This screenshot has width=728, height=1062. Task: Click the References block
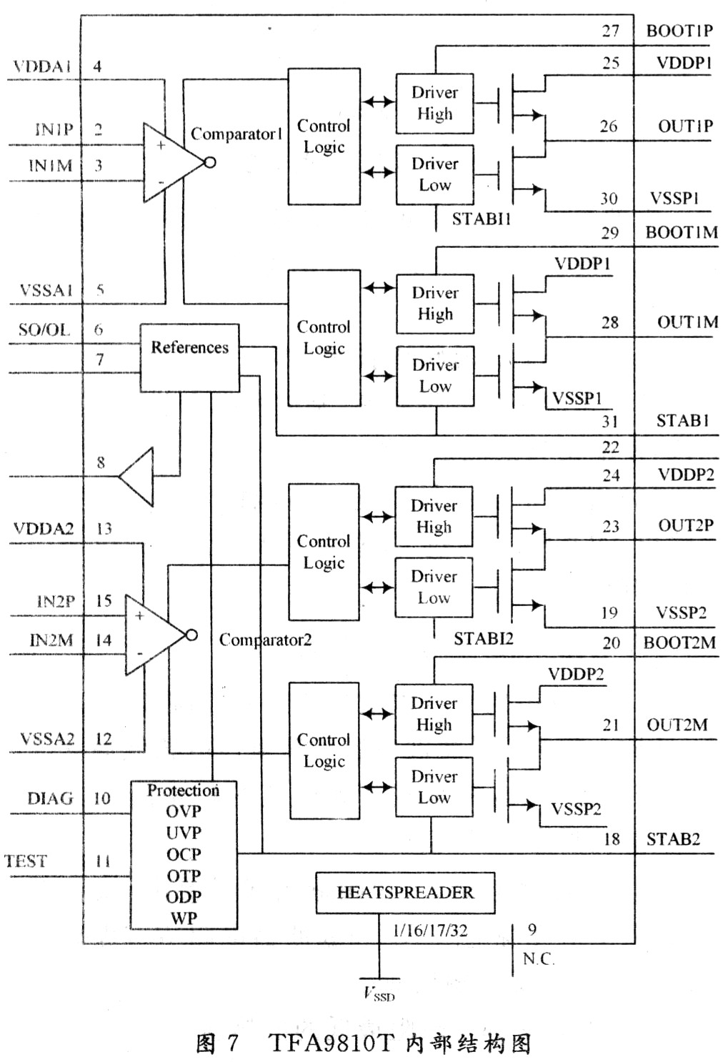tap(189, 357)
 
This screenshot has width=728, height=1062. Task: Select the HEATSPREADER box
tap(405, 893)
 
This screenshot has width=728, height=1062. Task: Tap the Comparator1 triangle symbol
tap(171, 162)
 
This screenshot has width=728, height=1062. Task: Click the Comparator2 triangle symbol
tap(154, 635)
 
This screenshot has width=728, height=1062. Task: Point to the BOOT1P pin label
tap(679, 31)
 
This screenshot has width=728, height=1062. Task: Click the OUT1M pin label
tap(687, 322)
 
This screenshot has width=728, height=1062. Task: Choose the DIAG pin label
tap(50, 798)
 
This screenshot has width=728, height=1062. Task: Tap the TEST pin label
tap(26, 861)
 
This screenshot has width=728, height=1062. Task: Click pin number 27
tap(610, 31)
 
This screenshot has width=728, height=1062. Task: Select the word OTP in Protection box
tap(184, 875)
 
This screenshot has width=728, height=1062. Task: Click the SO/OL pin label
tap(44, 329)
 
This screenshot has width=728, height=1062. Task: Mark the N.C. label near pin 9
tap(538, 958)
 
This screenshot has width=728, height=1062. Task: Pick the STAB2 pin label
tap(673, 839)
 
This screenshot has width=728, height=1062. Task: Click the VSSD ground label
tap(379, 993)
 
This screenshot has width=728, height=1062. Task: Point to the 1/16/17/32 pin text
tap(430, 930)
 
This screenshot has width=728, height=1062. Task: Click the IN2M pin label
tap(51, 640)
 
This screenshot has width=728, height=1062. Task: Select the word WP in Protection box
tap(184, 918)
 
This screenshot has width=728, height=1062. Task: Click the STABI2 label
tap(484, 638)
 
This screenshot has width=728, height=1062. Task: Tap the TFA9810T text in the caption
tap(331, 1043)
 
